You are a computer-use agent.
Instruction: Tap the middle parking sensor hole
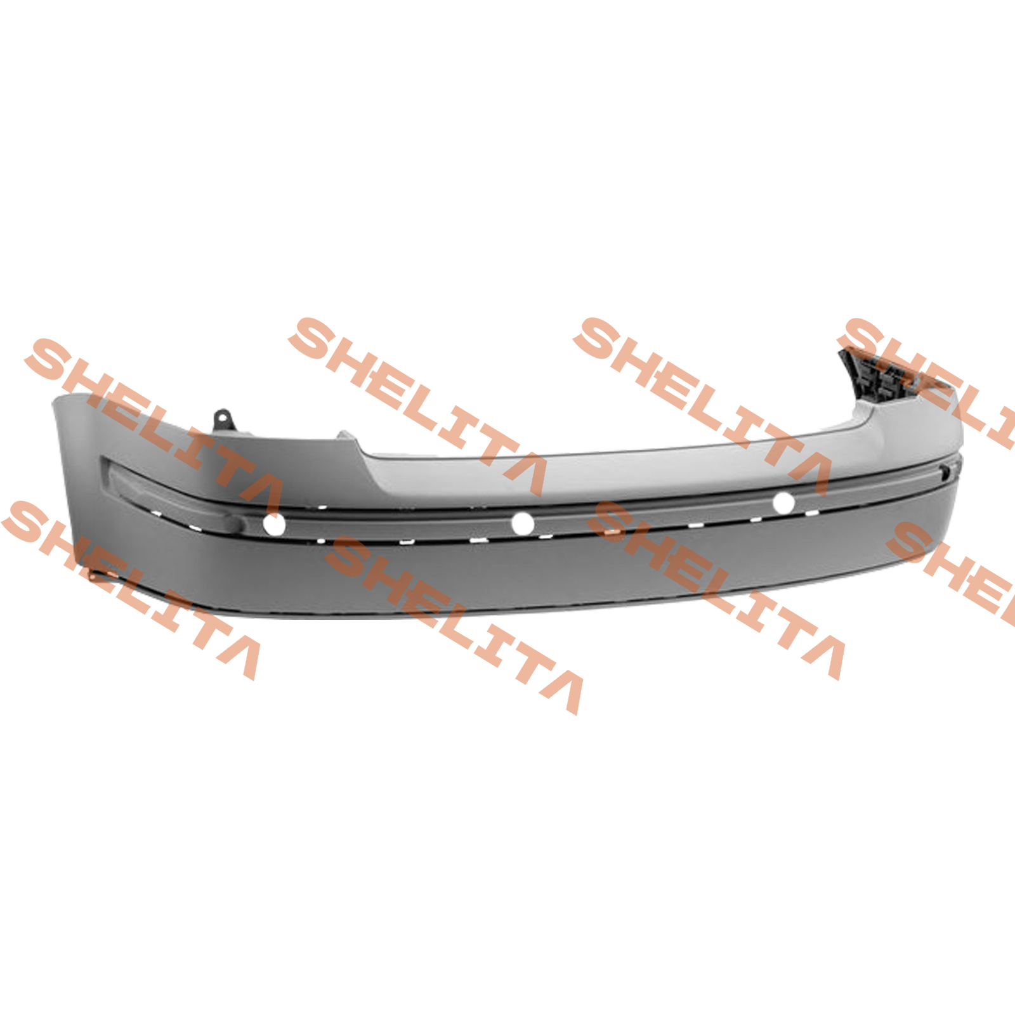click(523, 523)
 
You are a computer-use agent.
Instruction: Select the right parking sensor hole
click(784, 502)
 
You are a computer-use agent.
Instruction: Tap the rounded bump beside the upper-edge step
click(346, 436)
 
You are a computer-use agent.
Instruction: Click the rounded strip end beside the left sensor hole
click(244, 522)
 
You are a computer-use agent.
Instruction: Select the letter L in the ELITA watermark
click(155, 438)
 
